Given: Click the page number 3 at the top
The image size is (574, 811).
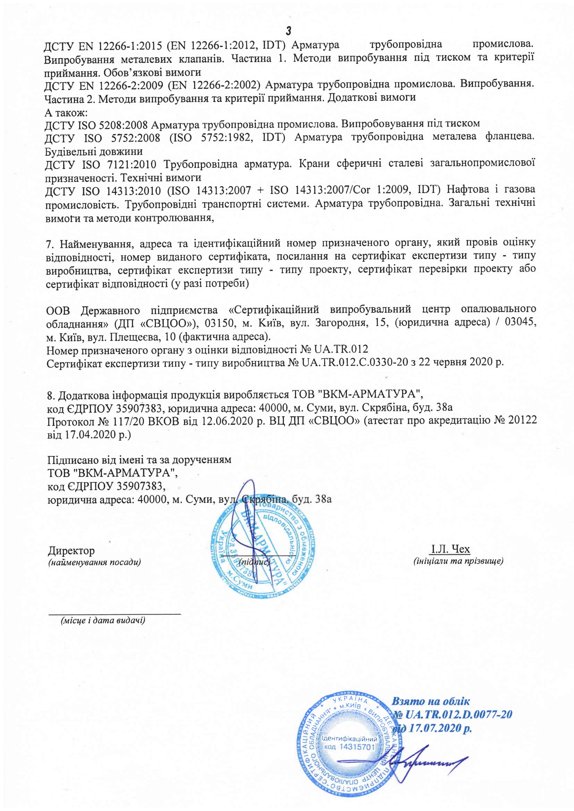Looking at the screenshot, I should coord(288,31).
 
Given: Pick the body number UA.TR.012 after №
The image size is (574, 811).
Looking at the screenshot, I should coord(341,350).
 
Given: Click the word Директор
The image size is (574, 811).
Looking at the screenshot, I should coord(71,551).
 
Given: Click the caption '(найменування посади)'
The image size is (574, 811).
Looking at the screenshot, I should coord(94,562).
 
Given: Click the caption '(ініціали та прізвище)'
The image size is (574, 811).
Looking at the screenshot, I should coord(458,561).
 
